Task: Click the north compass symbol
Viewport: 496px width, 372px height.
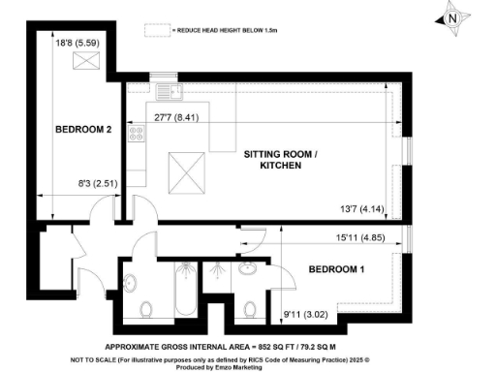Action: click(x=451, y=16)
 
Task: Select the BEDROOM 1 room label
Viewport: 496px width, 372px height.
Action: click(x=335, y=268)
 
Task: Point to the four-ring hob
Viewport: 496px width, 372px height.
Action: click(x=136, y=136)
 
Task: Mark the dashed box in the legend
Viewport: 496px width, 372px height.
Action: click(x=156, y=30)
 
